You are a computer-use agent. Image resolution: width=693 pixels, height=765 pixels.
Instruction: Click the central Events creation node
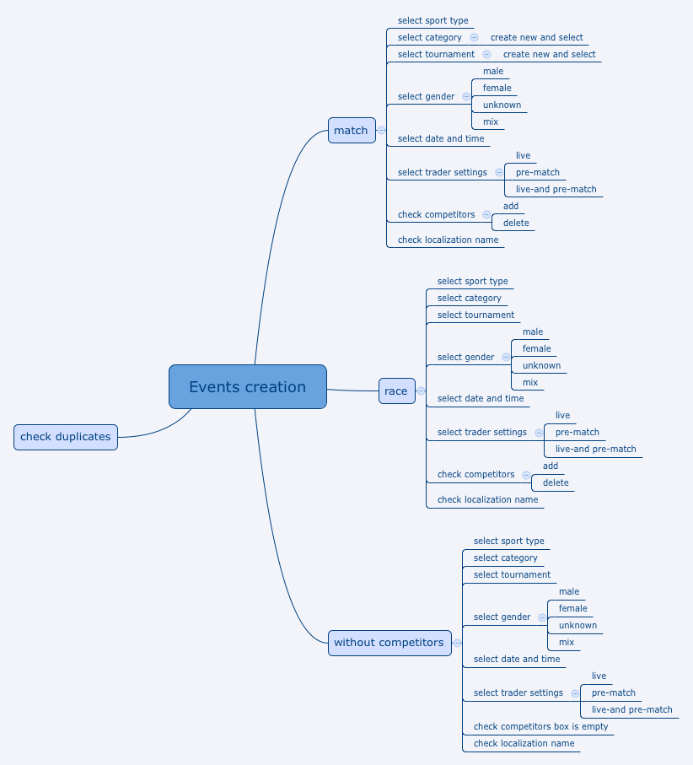247,387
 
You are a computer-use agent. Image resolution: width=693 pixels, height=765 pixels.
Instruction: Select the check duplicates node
66,437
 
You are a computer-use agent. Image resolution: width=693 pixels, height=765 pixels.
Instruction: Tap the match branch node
351,130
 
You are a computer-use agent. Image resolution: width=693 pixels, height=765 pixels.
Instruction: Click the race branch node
396,391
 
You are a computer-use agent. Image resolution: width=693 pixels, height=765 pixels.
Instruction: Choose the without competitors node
389,643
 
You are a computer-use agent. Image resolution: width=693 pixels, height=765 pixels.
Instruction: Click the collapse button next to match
381,130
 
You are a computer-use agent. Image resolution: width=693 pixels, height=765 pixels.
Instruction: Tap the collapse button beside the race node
421,391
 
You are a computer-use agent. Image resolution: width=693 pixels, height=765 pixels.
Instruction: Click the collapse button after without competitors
457,643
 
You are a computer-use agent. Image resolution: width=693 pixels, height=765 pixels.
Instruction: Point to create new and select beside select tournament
549,54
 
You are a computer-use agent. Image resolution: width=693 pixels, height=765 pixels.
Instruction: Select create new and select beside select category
536,37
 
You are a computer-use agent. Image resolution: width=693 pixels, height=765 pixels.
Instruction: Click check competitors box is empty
540,726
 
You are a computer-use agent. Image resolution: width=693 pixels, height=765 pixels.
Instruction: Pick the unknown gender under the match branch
502,105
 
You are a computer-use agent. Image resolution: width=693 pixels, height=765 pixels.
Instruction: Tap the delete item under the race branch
556,482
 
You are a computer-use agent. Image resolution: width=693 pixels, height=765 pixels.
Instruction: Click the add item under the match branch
511,206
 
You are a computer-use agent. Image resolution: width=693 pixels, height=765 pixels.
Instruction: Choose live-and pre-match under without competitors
631,709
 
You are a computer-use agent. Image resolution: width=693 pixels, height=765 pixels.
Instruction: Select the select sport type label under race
472,281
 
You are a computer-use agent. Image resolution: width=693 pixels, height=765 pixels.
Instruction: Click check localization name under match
448,240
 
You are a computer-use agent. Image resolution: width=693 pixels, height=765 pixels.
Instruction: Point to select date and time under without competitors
516,659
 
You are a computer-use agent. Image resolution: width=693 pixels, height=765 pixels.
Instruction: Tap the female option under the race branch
536,348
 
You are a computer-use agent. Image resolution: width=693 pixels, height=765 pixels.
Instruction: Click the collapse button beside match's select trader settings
499,172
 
